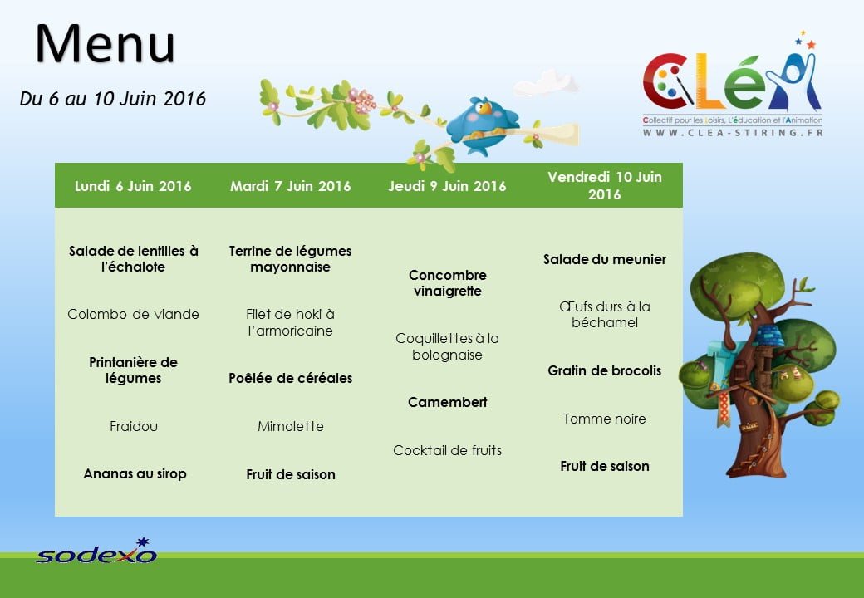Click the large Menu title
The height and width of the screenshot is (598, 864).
[106, 43]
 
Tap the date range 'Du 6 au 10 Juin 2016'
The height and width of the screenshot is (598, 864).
[112, 99]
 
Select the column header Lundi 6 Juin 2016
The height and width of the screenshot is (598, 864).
[133, 186]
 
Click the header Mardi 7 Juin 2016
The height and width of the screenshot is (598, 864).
[291, 186]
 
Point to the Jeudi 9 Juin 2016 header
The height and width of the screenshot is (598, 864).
[447, 186]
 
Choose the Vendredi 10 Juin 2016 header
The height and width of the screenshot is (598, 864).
[605, 185]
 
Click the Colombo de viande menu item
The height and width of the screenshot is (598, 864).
[133, 315]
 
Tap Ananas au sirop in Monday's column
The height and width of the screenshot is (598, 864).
[135, 473]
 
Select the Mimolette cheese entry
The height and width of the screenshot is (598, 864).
[291, 426]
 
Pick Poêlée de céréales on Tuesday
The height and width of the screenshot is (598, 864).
[291, 378]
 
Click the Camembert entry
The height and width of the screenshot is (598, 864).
[448, 403]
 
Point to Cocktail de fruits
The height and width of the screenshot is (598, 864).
[448, 450]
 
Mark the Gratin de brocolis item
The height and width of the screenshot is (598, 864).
[605, 370]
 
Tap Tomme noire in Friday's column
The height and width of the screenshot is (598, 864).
[605, 419]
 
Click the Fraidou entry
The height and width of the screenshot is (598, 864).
[134, 426]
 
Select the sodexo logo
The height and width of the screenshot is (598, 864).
[96, 551]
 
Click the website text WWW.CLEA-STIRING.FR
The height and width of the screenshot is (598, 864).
[733, 133]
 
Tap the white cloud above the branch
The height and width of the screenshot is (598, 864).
[546, 82]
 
